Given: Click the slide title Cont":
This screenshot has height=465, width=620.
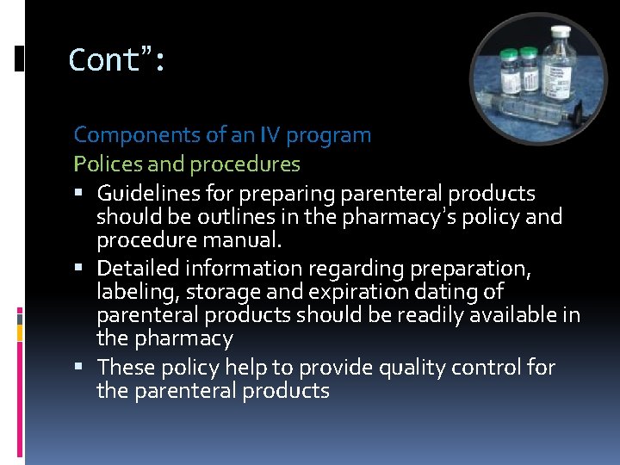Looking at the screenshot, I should point(117,60).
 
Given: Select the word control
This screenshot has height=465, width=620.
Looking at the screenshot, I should point(484,368).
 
